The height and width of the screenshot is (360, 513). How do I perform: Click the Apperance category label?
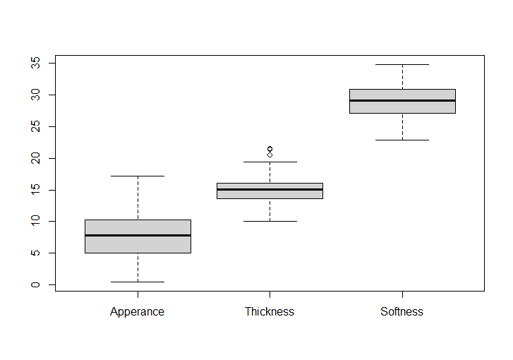click(137, 311)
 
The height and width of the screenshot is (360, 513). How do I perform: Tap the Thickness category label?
click(270, 311)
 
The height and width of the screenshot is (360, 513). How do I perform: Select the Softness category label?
click(402, 311)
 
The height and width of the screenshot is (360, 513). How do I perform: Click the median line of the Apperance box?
click(138, 235)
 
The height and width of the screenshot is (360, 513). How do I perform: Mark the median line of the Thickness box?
click(270, 189)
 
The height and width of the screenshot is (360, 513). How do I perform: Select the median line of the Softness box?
click(402, 100)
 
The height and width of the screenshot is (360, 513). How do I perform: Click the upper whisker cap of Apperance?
click(138, 176)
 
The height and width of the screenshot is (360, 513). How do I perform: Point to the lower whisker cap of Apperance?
click(138, 282)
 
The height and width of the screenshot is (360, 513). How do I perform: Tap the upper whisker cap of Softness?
click(402, 64)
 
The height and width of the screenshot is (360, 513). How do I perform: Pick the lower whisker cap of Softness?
click(402, 140)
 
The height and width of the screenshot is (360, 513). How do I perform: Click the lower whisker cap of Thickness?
click(270, 221)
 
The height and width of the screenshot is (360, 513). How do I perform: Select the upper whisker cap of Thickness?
click(270, 162)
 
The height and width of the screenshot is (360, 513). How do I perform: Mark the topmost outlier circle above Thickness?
click(270, 149)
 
